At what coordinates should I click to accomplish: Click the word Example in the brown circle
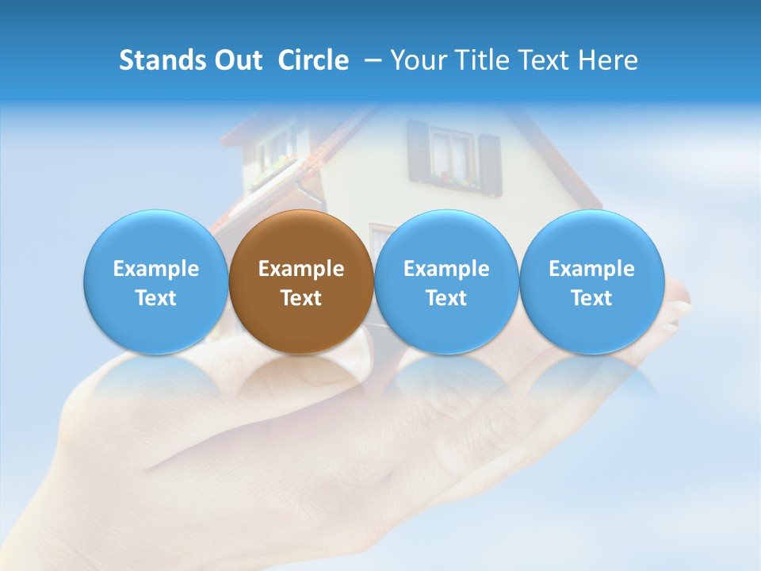pyautogui.click(x=301, y=269)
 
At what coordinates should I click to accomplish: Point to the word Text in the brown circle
pyautogui.click(x=301, y=298)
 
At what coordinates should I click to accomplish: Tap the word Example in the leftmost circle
pyautogui.click(x=156, y=269)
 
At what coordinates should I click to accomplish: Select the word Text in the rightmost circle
pyautogui.click(x=591, y=298)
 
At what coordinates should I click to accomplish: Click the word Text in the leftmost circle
pyautogui.click(x=156, y=298)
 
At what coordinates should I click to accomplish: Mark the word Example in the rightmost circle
pyautogui.click(x=591, y=269)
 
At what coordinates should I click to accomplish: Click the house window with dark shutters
pyautogui.click(x=453, y=155)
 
